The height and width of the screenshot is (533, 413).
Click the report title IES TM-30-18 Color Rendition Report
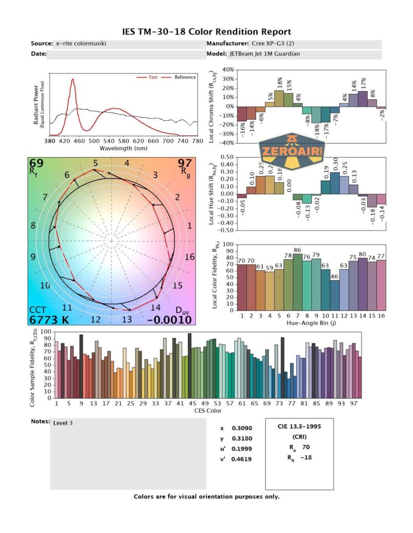206,32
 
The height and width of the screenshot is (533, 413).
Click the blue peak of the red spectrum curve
72,80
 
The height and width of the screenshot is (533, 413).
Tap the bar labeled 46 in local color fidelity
335,295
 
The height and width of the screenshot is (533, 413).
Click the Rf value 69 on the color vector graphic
36,164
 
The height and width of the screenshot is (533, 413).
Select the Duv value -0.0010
169,320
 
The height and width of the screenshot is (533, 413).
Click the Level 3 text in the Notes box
63,423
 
